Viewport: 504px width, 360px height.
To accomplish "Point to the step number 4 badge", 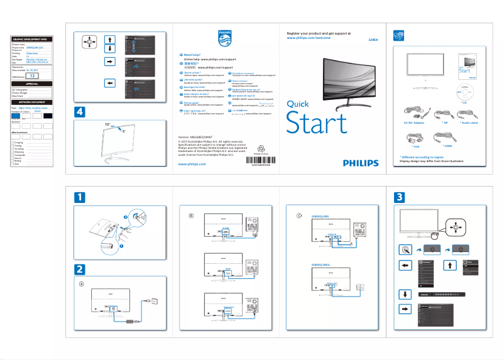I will coord(80,112).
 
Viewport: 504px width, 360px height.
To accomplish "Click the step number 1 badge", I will coord(80,197).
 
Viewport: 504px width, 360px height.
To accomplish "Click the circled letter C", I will coord(299,215).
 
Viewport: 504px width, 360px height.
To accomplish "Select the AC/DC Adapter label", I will coord(414,123).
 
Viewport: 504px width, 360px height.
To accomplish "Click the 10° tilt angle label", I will coord(108,125).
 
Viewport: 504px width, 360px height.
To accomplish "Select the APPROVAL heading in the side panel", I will coord(32,84).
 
